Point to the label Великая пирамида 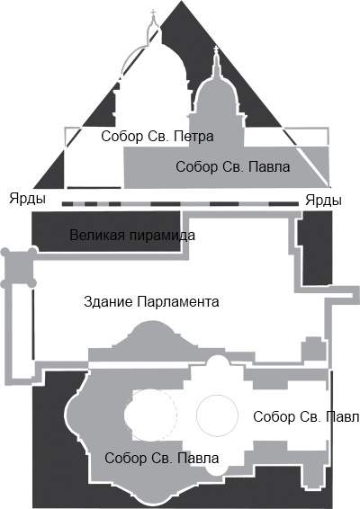coord(132,236)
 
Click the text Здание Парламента coord(151,301)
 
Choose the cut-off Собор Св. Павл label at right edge coord(306,416)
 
